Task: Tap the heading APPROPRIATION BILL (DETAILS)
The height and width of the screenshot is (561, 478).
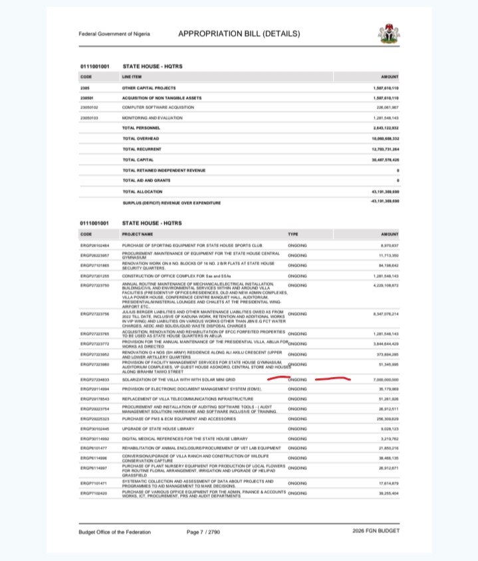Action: [x=239, y=34]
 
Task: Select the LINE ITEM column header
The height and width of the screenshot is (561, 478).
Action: [x=133, y=77]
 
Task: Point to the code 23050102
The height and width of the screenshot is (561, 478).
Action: [x=89, y=107]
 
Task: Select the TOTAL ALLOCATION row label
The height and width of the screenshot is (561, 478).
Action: [x=142, y=191]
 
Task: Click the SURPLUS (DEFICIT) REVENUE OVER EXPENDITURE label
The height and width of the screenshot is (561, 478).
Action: [x=171, y=202]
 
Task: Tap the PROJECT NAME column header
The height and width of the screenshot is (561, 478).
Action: [x=137, y=234]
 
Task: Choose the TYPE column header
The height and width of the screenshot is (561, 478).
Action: [x=293, y=234]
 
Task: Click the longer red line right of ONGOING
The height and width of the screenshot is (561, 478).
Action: [x=332, y=380]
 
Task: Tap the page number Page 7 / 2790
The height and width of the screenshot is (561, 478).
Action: [x=206, y=531]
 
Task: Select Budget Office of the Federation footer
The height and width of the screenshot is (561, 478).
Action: [x=114, y=531]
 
